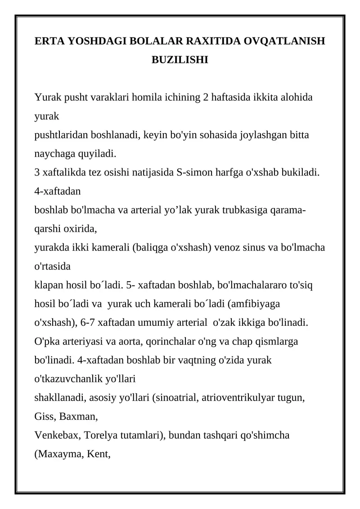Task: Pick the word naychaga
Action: click(x=52, y=154)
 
